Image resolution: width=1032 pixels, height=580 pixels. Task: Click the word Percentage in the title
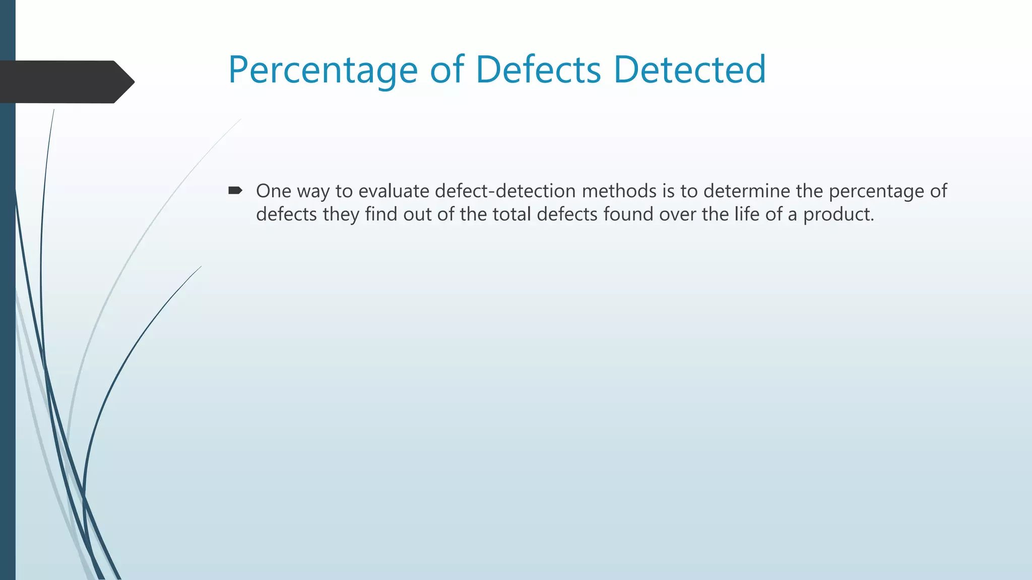pyautogui.click(x=322, y=70)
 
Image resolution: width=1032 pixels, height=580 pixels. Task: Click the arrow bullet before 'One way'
pyautogui.click(x=235, y=190)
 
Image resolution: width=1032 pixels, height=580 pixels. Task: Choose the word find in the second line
pyautogui.click(x=381, y=214)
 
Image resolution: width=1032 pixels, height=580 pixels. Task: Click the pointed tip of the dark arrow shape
pyautogui.click(x=133, y=82)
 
